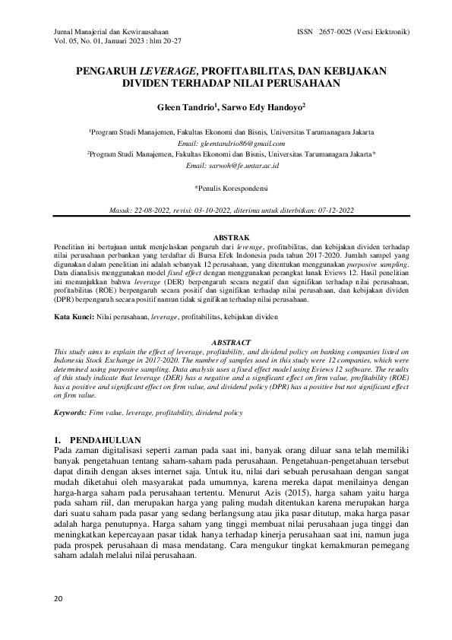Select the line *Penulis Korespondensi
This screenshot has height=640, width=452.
tap(230, 187)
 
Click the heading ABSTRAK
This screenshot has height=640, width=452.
tap(230, 238)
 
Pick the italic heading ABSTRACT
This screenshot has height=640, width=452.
tap(230, 343)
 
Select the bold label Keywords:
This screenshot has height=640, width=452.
tap(74, 411)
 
